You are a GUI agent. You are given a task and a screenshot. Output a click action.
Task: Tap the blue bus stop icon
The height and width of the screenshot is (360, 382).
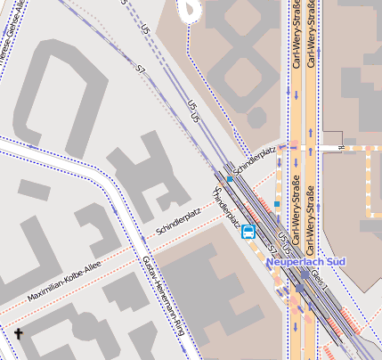click(x=248, y=233)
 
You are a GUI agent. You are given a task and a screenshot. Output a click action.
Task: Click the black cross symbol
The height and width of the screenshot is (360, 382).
click(x=18, y=334)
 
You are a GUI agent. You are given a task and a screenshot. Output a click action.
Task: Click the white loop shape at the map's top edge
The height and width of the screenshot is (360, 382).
click(x=190, y=9)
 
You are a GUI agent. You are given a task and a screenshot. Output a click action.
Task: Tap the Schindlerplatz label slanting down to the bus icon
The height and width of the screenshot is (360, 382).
click(x=226, y=212)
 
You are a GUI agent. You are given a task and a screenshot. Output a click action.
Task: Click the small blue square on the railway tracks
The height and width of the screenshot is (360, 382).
click(x=230, y=179)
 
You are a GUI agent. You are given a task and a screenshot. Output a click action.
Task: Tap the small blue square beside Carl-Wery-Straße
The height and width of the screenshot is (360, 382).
click(x=277, y=204)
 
